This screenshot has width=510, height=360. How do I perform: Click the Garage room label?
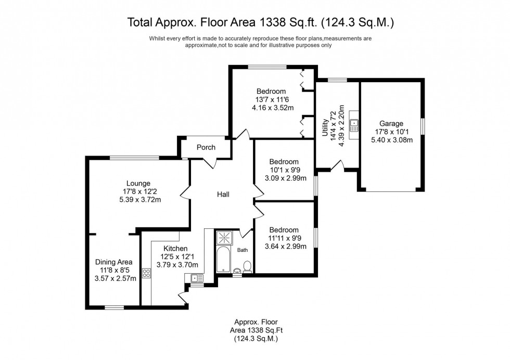click(x=391, y=123)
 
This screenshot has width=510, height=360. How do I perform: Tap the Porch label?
click(x=206, y=147)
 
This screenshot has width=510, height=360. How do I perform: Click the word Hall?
click(x=223, y=194)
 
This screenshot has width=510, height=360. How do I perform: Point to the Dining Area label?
click(x=113, y=262)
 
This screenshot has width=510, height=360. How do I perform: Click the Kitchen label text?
click(x=175, y=249)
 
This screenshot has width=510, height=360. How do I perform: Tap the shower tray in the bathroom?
click(x=226, y=238)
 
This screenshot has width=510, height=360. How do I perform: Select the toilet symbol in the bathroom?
click(x=248, y=267)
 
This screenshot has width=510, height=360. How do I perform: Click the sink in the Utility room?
click(x=354, y=124)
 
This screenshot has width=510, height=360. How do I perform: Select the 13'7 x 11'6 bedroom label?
click(x=271, y=100)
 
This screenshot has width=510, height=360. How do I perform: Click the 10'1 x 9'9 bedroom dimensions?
click(x=284, y=170)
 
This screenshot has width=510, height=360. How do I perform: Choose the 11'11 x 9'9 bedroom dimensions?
click(x=284, y=238)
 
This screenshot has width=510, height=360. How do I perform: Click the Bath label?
click(x=243, y=250)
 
